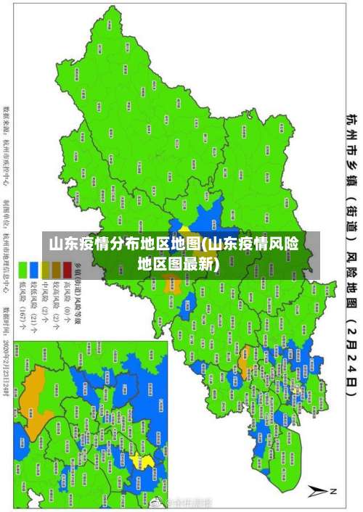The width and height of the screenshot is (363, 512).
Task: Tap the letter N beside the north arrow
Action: click(x=333, y=490)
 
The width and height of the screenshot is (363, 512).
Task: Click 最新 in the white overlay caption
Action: click(x=206, y=263)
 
